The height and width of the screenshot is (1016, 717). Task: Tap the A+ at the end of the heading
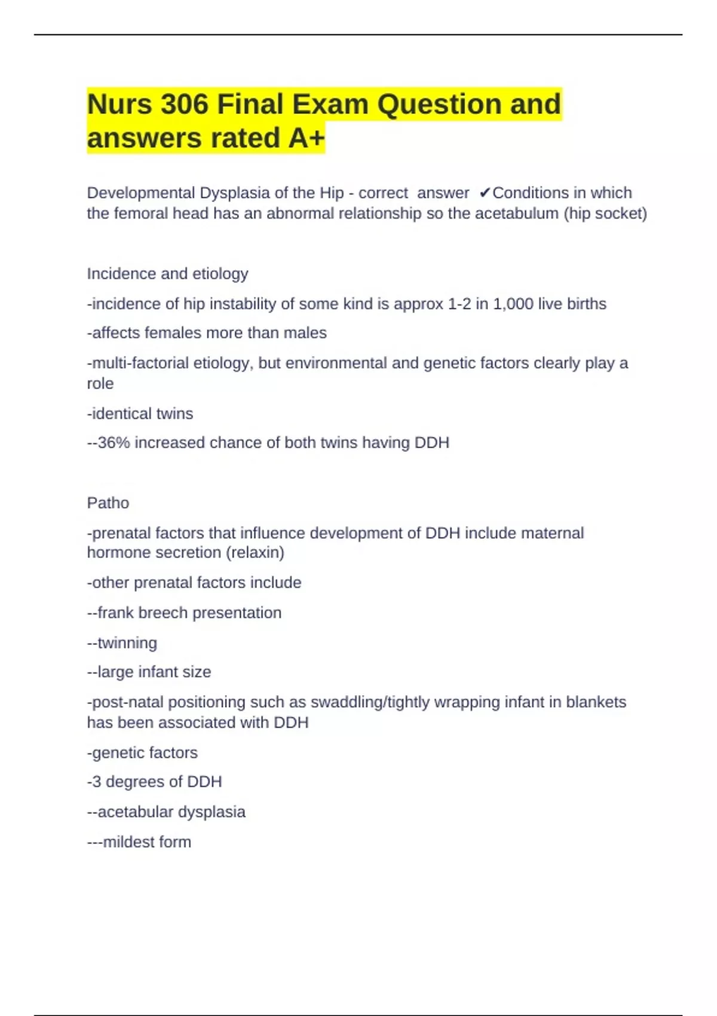click(306, 138)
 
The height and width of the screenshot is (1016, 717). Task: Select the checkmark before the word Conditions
click(485, 193)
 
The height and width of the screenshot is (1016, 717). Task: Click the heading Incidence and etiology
click(167, 274)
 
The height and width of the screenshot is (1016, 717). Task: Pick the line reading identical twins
click(140, 414)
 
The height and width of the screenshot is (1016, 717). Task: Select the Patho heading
click(108, 503)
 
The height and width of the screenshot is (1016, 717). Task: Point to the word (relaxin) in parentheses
click(255, 553)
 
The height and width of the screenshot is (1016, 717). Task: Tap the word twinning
click(127, 643)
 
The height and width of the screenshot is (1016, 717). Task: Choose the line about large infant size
click(149, 672)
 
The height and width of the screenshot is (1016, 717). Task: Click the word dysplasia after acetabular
click(213, 812)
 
